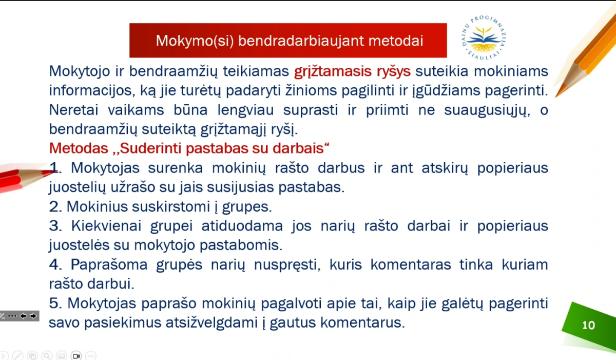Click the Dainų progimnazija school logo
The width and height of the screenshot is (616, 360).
[484, 37]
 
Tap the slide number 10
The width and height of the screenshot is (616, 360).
[588, 326]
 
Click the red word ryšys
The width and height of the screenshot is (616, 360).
[394, 71]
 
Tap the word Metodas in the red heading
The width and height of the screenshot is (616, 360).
[79, 148]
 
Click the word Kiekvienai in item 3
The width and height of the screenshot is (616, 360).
[106, 226]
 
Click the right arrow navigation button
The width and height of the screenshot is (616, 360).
[33, 316]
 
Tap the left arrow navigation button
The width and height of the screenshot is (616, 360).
[23, 316]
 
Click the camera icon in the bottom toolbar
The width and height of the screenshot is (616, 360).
[76, 356]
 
